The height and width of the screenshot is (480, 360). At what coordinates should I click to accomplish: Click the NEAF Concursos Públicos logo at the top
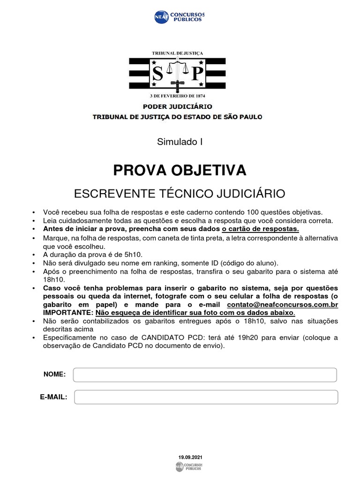click(x=180, y=17)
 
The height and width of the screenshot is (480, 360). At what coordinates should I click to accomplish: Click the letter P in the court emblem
click(x=197, y=73)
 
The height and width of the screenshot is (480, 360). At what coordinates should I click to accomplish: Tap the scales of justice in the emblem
click(x=177, y=70)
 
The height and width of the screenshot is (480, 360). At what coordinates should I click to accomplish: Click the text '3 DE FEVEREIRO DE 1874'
click(x=177, y=97)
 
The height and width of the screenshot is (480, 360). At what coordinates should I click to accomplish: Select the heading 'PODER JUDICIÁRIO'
click(x=177, y=107)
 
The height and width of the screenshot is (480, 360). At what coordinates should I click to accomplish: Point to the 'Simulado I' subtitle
click(x=180, y=142)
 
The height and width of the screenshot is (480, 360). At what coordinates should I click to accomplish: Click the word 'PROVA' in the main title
click(x=139, y=171)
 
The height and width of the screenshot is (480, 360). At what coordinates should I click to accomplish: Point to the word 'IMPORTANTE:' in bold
click(x=68, y=313)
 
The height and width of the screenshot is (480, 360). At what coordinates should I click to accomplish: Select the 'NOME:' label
click(x=54, y=374)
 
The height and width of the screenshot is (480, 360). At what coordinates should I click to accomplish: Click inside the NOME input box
click(x=205, y=375)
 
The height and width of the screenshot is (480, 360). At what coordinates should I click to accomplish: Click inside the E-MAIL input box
click(x=206, y=397)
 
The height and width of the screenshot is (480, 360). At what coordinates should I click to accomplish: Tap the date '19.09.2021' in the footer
click(x=190, y=457)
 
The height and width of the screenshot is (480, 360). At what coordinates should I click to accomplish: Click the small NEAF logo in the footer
click(x=189, y=466)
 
